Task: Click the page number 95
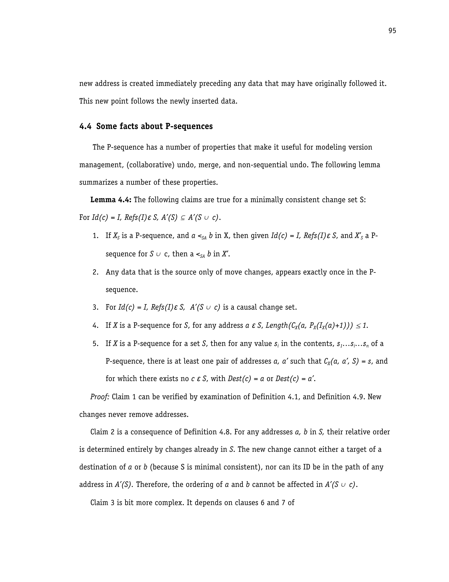tap(392, 31)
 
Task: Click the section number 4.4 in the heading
tap(85, 126)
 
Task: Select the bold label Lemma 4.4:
tap(111, 200)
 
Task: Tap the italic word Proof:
tap(100, 397)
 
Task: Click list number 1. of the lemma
tap(96, 236)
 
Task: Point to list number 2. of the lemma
tap(96, 272)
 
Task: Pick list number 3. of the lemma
tap(96, 308)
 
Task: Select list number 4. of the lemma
tap(96, 326)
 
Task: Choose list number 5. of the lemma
tap(96, 344)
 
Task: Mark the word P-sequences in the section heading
tap(189, 126)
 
